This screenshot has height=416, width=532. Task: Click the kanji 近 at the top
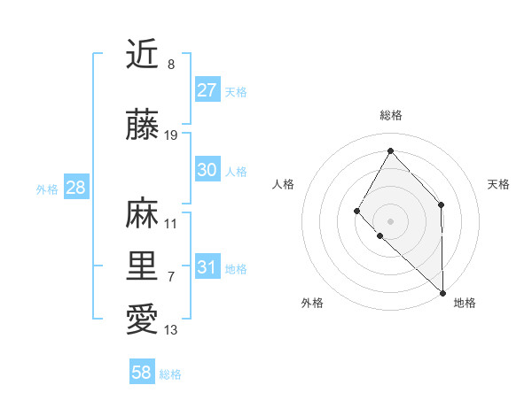(x=142, y=55)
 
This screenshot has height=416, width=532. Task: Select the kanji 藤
(x=142, y=125)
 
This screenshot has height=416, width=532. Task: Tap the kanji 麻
(x=142, y=213)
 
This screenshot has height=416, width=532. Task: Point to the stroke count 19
(x=171, y=135)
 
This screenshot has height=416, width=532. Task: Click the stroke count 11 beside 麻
(x=171, y=224)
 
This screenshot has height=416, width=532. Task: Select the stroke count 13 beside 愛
(x=171, y=330)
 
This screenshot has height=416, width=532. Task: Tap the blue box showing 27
(x=207, y=90)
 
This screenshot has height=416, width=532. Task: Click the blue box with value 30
(x=207, y=170)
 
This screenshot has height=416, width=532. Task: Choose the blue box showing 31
(x=207, y=267)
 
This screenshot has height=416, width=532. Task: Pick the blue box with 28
(x=75, y=188)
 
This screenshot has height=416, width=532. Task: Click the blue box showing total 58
(x=142, y=373)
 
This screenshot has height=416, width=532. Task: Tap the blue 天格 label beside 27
(x=236, y=91)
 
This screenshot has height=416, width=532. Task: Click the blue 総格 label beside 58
(x=170, y=374)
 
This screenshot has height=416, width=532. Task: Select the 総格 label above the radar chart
(x=390, y=115)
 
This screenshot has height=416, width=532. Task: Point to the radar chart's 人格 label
(x=284, y=184)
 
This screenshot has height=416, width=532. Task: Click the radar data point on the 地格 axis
(x=442, y=292)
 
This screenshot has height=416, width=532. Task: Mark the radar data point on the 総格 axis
(x=390, y=150)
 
